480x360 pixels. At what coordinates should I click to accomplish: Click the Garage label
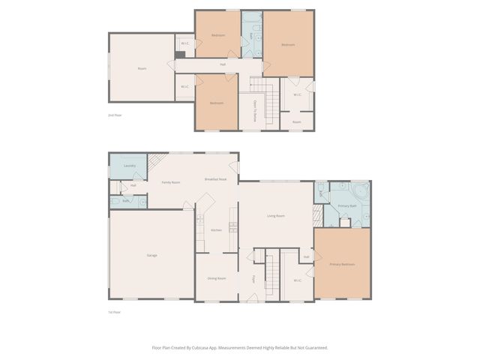[x=151, y=256]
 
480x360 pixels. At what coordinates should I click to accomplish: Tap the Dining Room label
[x=217, y=278]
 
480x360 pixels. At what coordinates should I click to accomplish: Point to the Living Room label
[x=276, y=216]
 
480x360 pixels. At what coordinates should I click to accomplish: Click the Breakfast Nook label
[x=216, y=179]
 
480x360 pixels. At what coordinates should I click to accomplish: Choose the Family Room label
[x=170, y=182]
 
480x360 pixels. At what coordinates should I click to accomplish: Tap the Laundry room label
[x=129, y=166]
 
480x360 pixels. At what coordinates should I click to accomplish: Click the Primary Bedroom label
[x=342, y=265]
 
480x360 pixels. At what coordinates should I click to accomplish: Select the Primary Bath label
[x=346, y=205]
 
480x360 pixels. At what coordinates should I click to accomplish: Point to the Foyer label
[x=254, y=279]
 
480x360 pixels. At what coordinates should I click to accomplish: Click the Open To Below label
[x=255, y=111]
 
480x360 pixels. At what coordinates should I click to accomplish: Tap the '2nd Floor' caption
[x=115, y=115]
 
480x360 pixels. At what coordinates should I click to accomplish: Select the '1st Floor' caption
[x=115, y=312]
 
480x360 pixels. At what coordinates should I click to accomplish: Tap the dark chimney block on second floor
[x=180, y=54]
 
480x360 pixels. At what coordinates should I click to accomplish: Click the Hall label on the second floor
[x=223, y=64]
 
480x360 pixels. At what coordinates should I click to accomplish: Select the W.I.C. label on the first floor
[x=297, y=280]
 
